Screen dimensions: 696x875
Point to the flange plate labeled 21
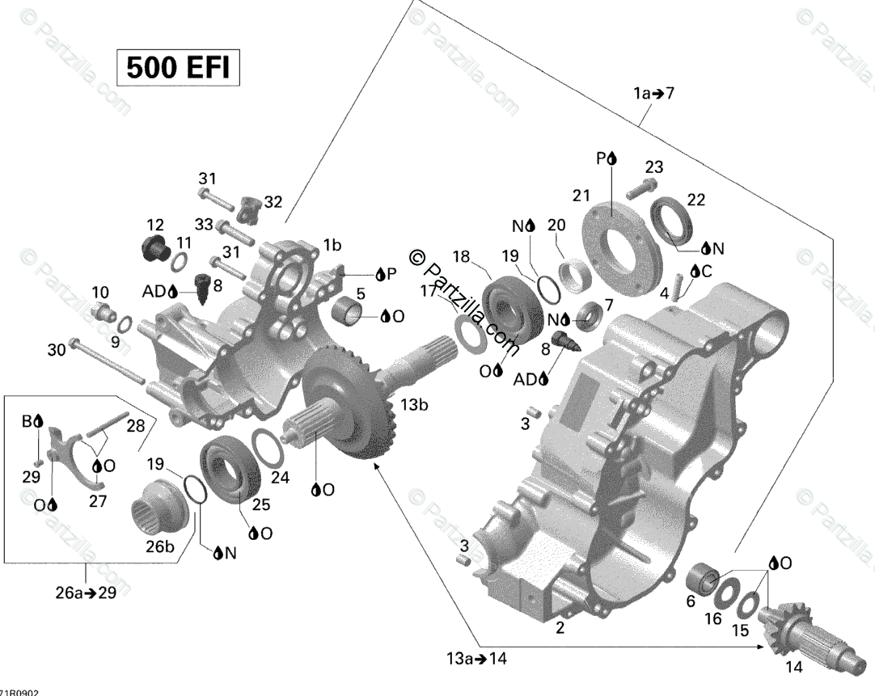coord(619,227)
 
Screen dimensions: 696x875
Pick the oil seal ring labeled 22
coord(676,218)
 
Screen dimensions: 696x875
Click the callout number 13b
coord(408,405)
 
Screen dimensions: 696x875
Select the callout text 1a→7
coord(653,94)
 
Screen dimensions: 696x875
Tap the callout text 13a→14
coord(476,658)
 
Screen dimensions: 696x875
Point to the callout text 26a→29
coord(85,593)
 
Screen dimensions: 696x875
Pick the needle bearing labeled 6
coord(702,579)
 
